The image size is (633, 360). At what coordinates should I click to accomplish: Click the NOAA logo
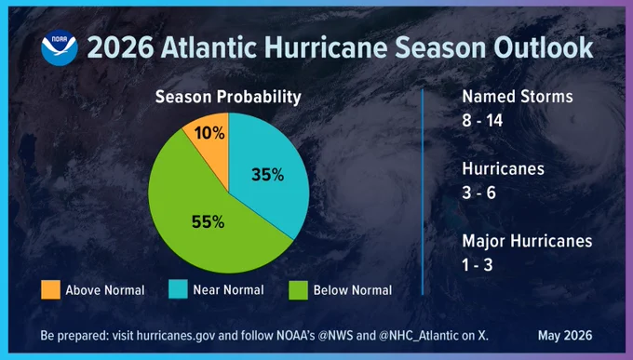pyautogui.click(x=60, y=47)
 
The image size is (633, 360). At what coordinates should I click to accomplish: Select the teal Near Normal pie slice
pyautogui.click(x=266, y=174)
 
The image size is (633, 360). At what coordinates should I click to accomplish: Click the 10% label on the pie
pyautogui.click(x=209, y=133)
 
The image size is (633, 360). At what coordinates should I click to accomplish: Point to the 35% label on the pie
pyautogui.click(x=268, y=175)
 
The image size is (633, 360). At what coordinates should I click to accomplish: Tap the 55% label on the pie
pyautogui.click(x=208, y=222)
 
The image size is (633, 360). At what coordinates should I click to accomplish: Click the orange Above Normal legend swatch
pyautogui.click(x=51, y=290)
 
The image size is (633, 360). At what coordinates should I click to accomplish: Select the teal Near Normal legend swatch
pyautogui.click(x=178, y=289)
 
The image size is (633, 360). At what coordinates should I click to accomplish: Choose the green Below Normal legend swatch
pyautogui.click(x=298, y=290)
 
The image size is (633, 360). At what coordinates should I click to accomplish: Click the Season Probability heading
pyautogui.click(x=228, y=97)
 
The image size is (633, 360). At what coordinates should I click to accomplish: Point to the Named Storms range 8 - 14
pyautogui.click(x=482, y=120)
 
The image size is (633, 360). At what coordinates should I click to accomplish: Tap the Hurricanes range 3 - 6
pyautogui.click(x=478, y=193)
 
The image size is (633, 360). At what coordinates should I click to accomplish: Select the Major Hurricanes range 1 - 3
pyautogui.click(x=478, y=265)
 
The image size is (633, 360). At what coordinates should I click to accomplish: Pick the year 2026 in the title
pyautogui.click(x=120, y=48)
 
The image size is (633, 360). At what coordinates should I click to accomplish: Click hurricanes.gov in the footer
pyautogui.click(x=176, y=336)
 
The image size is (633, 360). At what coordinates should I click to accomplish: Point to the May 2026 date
pyautogui.click(x=565, y=336)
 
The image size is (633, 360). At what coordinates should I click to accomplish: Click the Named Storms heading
pyautogui.click(x=518, y=97)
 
